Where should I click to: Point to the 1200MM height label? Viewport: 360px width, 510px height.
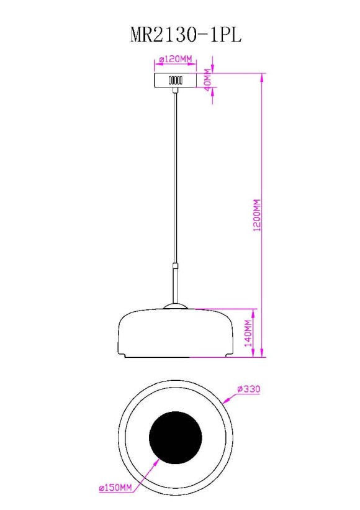pos(257,216)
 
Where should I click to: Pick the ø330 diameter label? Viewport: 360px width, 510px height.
pos(248,389)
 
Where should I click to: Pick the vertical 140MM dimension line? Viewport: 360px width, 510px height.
pos(254,333)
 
